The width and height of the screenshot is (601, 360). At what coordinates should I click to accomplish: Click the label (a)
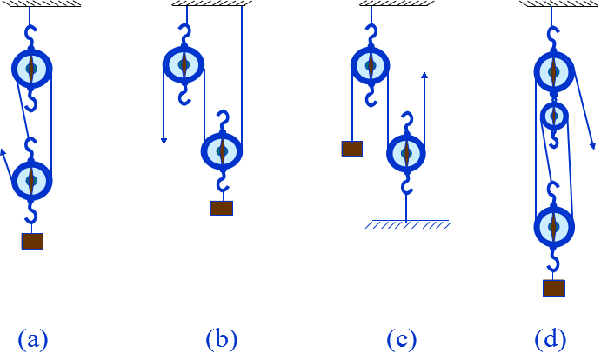33,339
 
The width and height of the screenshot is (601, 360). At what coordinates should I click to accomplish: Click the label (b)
221,339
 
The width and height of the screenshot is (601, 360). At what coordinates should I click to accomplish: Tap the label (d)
552,339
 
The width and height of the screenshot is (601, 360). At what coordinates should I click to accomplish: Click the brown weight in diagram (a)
32,241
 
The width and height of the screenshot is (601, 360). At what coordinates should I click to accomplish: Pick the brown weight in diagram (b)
222,208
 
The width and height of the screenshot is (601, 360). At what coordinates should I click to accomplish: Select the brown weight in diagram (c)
351,149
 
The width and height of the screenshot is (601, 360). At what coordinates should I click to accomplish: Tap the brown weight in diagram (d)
553,288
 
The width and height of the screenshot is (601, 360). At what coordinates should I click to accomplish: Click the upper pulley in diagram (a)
31,68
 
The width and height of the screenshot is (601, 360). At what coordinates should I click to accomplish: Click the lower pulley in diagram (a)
32,180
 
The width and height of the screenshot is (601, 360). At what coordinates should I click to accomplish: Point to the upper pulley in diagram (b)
184,63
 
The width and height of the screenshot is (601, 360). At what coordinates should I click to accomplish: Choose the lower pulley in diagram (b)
222,150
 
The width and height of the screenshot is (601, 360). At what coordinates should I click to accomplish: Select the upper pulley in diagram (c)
371,64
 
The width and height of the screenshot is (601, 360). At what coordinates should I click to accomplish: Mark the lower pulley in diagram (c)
406,152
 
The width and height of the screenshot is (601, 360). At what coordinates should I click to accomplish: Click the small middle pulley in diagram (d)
554,116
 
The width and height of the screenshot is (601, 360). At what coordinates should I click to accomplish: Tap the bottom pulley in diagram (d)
554,227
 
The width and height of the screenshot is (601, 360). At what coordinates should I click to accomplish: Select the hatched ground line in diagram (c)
407,223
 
